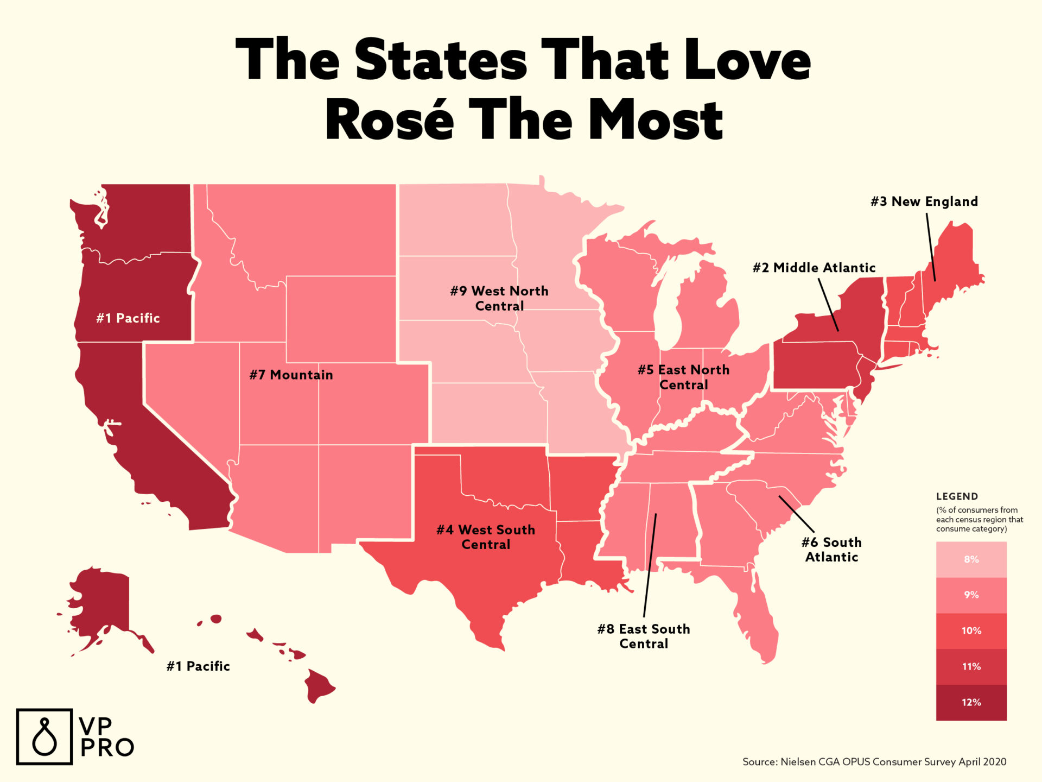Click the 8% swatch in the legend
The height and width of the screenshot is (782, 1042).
click(x=971, y=559)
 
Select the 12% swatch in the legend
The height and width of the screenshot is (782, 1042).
click(x=971, y=702)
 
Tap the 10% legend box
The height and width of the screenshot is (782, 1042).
click(x=971, y=630)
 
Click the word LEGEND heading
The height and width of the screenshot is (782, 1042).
click(x=957, y=496)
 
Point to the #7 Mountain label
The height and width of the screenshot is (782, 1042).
click(x=291, y=375)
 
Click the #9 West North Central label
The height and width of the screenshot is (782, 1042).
click(x=499, y=298)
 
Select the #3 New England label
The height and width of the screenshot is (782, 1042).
click(x=924, y=201)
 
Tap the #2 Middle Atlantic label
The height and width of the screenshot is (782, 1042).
click(x=814, y=268)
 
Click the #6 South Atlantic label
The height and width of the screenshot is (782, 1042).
click(x=831, y=550)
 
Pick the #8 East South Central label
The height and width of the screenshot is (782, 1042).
click(x=644, y=636)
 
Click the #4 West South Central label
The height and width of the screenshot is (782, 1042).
click(x=486, y=537)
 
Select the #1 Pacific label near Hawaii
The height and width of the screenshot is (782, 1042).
click(x=198, y=666)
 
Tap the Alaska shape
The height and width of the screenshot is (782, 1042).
click(x=103, y=603)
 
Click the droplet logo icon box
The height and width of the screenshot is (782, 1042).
click(x=44, y=736)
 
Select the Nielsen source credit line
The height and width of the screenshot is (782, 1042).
click(x=874, y=762)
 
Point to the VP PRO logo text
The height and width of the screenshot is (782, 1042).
click(x=106, y=737)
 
